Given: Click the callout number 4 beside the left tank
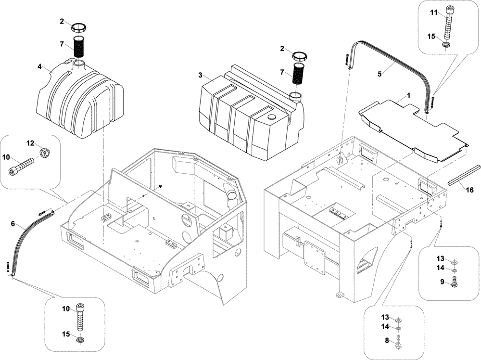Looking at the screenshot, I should click(x=39, y=67).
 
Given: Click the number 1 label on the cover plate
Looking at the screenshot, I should click(x=408, y=95).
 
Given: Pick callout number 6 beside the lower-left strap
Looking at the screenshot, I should click(x=13, y=223).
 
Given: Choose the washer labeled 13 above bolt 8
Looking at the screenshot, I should click(x=399, y=321).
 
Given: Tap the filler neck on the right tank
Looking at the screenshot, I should click(x=295, y=97).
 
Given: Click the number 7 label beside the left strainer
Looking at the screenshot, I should click(x=62, y=44).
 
